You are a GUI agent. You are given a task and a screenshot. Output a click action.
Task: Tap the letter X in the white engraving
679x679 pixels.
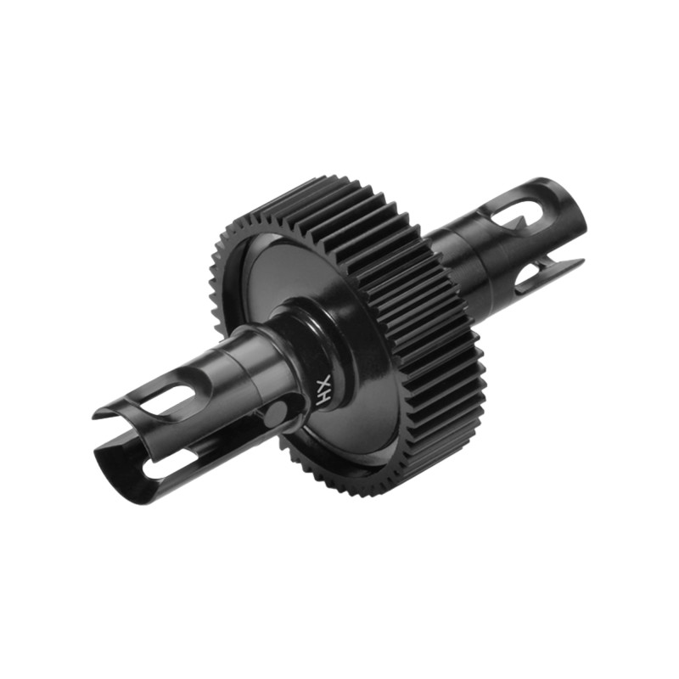tap(326, 381)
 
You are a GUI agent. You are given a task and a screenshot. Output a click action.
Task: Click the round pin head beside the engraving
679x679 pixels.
tap(276, 412)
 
